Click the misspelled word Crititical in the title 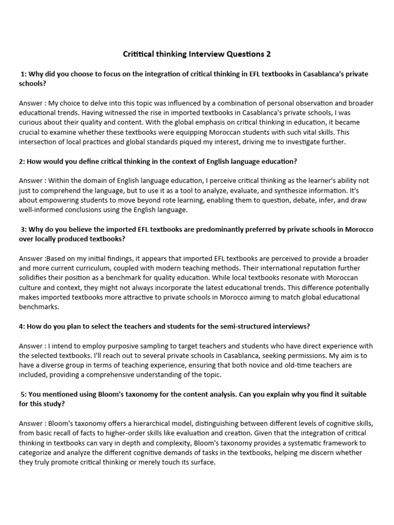[x=140, y=54]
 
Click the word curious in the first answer [x=31, y=123]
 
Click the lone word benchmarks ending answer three [x=39, y=307]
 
